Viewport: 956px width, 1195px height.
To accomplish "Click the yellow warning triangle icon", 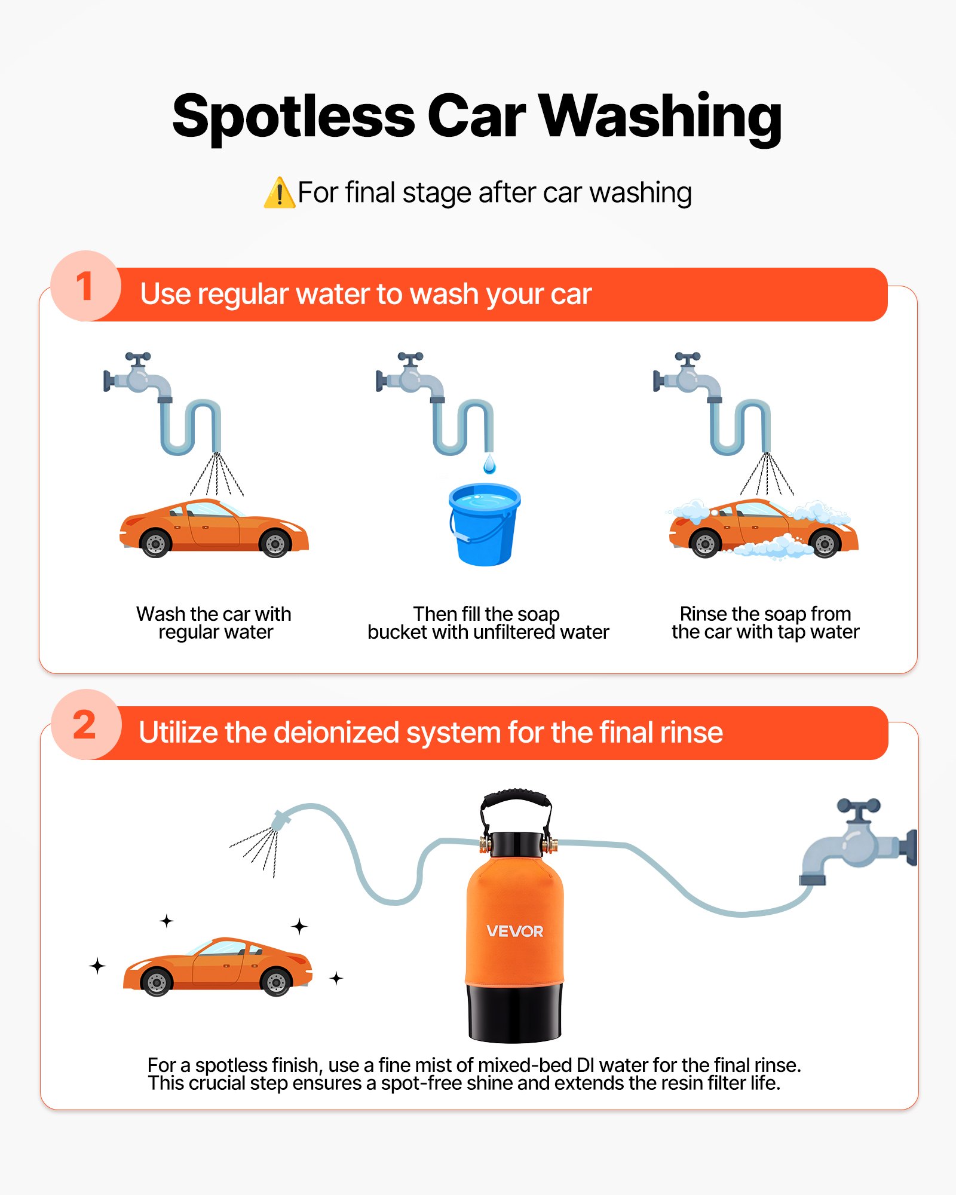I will pyautogui.click(x=279, y=194).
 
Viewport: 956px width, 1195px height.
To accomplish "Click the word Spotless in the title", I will pyautogui.click(x=293, y=117).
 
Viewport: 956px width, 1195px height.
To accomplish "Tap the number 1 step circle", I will pyautogui.click(x=85, y=286).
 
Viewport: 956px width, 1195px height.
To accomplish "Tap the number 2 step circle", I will pyautogui.click(x=85, y=725).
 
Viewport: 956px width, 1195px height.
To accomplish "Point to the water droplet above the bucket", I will pyautogui.click(x=489, y=464).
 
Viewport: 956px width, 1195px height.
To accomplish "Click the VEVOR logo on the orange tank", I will pyautogui.click(x=514, y=931).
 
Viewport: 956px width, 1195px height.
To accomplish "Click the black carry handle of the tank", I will pyautogui.click(x=516, y=801).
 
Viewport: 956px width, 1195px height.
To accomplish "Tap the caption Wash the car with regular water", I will pyautogui.click(x=214, y=623).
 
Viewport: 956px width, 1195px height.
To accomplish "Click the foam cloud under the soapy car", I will pyautogui.click(x=771, y=547).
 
